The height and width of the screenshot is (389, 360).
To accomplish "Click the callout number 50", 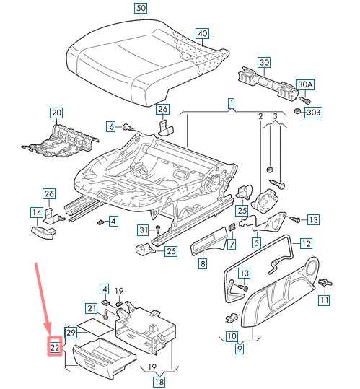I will click(x=140, y=9).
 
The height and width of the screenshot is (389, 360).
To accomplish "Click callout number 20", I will click(x=56, y=113).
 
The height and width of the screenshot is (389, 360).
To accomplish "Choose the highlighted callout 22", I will click(x=55, y=347).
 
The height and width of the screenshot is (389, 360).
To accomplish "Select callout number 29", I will click(x=71, y=333).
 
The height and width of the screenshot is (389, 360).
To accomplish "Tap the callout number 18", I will click(x=159, y=382).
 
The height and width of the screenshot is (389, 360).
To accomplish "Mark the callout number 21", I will click(x=92, y=309).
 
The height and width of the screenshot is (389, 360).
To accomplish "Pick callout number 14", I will click(x=36, y=212).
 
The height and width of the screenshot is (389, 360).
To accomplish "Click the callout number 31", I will click(x=144, y=230).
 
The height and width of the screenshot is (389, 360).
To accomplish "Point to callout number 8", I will click(x=203, y=264).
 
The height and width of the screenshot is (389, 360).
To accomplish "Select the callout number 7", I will click(x=232, y=245).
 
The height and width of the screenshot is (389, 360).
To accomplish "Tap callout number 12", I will click(x=306, y=243).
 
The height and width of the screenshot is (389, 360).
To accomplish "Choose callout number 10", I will click(x=231, y=336).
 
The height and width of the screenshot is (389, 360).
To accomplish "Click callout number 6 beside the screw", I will click(x=112, y=126).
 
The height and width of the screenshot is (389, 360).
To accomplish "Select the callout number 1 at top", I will click(x=232, y=105).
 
